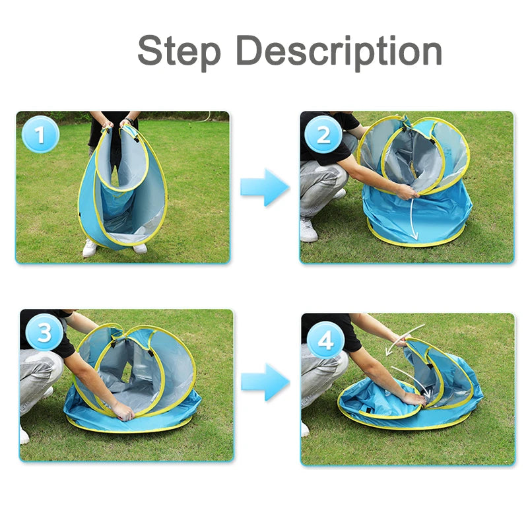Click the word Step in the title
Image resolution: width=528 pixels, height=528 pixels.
pyautogui.click(x=179, y=51)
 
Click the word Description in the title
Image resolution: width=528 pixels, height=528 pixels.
pyautogui.click(x=339, y=51)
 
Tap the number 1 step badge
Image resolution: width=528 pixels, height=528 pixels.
pyautogui.click(x=40, y=135)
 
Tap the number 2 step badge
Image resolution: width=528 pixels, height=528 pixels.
pyautogui.click(x=323, y=135)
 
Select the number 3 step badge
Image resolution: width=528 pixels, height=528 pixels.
pyautogui.click(x=44, y=333)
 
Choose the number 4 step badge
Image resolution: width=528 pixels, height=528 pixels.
pyautogui.click(x=325, y=340)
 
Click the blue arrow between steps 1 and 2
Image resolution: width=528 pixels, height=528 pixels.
pyautogui.click(x=265, y=187)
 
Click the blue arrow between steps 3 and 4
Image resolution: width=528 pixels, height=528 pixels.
pyautogui.click(x=265, y=382)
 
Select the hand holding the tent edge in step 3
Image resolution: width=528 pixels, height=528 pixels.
pyautogui.click(x=123, y=411)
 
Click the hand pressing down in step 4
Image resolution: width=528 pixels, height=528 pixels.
pyautogui.click(x=414, y=399)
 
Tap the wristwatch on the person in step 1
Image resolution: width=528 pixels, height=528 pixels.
pyautogui.click(x=129, y=119)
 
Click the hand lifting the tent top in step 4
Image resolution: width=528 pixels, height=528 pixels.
pyautogui.click(x=401, y=341)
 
